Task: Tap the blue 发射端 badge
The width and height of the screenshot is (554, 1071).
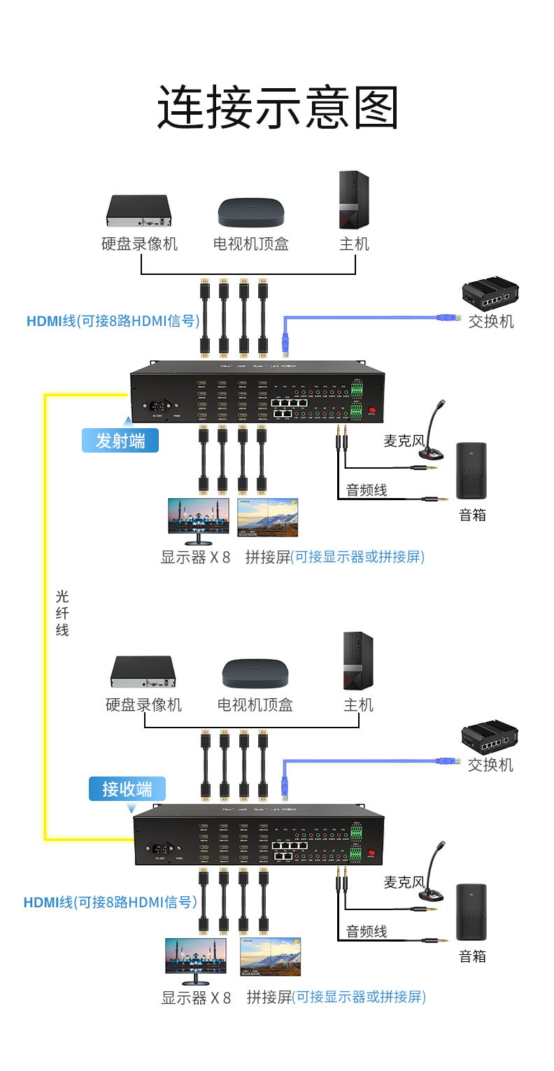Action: pyautogui.click(x=120, y=441)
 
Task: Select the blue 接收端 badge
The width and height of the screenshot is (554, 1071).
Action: pyautogui.click(x=127, y=788)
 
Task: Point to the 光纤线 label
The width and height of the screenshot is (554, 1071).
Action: pyautogui.click(x=62, y=613)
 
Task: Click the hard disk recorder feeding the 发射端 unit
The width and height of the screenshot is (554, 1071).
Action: pyautogui.click(x=139, y=211)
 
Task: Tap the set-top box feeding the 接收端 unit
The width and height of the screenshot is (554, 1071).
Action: pyautogui.click(x=255, y=674)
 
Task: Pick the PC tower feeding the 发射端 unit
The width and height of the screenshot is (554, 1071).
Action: pyautogui.click(x=354, y=200)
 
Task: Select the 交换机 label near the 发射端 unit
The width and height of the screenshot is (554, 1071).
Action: pyautogui.click(x=491, y=321)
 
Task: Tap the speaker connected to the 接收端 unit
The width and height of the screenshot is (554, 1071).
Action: pyautogui.click(x=471, y=912)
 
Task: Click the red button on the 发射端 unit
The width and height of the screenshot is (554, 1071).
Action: pyautogui.click(x=372, y=411)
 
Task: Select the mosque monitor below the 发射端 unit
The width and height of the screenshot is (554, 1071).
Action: pyautogui.click(x=198, y=518)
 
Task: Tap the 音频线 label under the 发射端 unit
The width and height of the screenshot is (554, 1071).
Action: pyautogui.click(x=367, y=490)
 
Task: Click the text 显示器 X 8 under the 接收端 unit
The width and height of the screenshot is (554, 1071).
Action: pyautogui.click(x=196, y=998)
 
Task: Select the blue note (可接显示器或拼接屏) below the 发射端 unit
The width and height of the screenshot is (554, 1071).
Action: pyautogui.click(x=357, y=557)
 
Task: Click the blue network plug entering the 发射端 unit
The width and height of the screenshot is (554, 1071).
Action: pyautogui.click(x=285, y=342)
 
